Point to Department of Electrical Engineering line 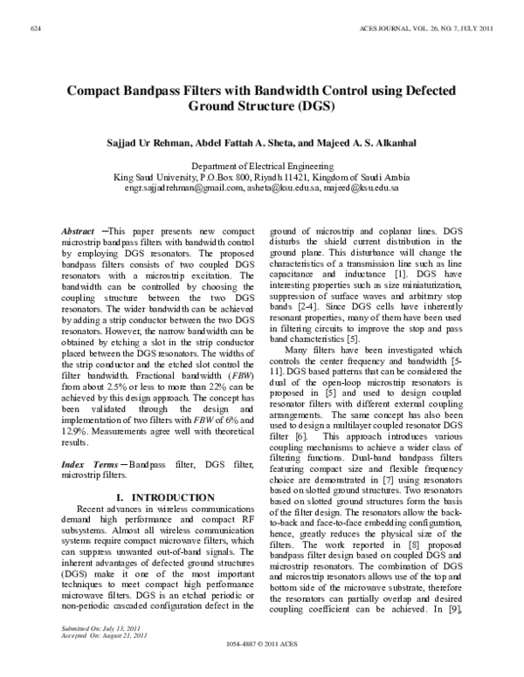(263, 165)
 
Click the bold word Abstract (79, 229)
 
